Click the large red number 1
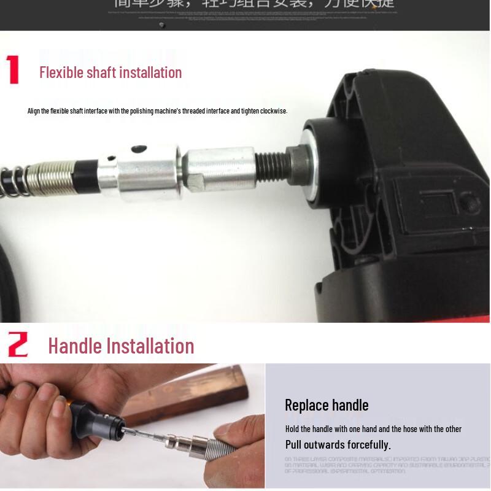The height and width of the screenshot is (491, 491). pyautogui.click(x=14, y=70)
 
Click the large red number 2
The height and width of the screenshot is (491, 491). pyautogui.click(x=18, y=345)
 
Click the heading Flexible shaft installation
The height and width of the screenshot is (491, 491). pyautogui.click(x=110, y=72)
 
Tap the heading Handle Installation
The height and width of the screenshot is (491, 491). pyautogui.click(x=121, y=346)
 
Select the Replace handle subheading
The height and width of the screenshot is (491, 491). pyautogui.click(x=327, y=405)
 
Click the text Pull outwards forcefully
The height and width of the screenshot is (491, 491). pyautogui.click(x=338, y=444)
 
